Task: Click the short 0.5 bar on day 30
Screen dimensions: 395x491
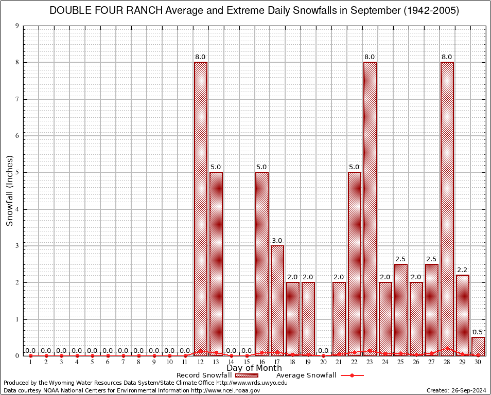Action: (x=478, y=346)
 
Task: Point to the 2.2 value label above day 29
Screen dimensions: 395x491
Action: (x=463, y=270)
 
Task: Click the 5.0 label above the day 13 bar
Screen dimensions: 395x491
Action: (x=216, y=167)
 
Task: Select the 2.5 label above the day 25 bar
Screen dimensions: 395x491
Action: (x=401, y=259)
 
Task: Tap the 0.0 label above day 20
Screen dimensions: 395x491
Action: (x=324, y=351)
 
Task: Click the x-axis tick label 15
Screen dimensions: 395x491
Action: (x=247, y=362)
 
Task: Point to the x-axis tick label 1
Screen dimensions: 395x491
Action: (x=30, y=362)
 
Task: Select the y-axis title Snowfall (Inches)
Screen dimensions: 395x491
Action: (x=10, y=190)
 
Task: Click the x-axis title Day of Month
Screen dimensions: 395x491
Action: (x=254, y=368)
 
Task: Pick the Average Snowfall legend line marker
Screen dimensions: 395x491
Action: (x=352, y=375)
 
